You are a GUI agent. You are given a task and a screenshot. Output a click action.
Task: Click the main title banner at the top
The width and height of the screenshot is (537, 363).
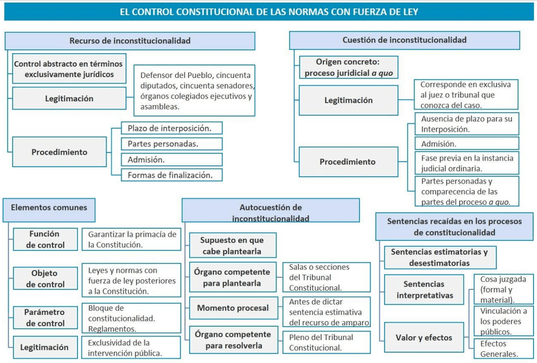[x=268, y=11]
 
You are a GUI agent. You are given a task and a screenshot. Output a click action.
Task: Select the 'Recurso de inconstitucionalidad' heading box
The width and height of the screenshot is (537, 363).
[x=130, y=41]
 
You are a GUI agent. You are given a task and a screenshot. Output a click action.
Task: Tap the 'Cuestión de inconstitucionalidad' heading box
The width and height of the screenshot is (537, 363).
[x=404, y=40]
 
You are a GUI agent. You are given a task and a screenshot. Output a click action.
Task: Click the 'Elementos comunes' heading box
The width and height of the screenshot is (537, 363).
[x=49, y=208]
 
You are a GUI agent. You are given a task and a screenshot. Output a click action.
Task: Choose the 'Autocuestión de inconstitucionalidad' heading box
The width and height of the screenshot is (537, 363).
[x=270, y=212]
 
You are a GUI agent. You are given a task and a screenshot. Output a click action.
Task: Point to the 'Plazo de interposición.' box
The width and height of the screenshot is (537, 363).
[x=172, y=128]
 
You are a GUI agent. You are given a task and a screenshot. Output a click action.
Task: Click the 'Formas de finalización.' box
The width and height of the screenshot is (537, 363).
[x=172, y=174]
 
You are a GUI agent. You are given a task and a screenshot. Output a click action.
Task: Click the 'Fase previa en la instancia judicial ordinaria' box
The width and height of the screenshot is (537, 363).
[x=467, y=163]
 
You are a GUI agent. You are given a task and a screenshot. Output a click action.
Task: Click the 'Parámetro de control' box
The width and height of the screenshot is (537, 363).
[x=45, y=317]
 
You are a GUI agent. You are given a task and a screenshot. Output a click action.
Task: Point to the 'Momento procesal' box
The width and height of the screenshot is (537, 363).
[x=233, y=309]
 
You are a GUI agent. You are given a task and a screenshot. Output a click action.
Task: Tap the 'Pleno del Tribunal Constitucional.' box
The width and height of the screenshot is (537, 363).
[x=325, y=342]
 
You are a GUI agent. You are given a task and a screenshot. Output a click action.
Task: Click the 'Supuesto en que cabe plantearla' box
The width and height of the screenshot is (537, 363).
[x=232, y=245]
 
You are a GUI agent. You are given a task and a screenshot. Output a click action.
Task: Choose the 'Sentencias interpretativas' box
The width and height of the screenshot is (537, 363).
[x=425, y=290]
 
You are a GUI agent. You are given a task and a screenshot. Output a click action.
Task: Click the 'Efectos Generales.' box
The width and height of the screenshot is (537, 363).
[x=503, y=349]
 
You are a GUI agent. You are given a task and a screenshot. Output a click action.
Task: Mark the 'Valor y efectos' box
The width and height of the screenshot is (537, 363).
[x=425, y=338]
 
